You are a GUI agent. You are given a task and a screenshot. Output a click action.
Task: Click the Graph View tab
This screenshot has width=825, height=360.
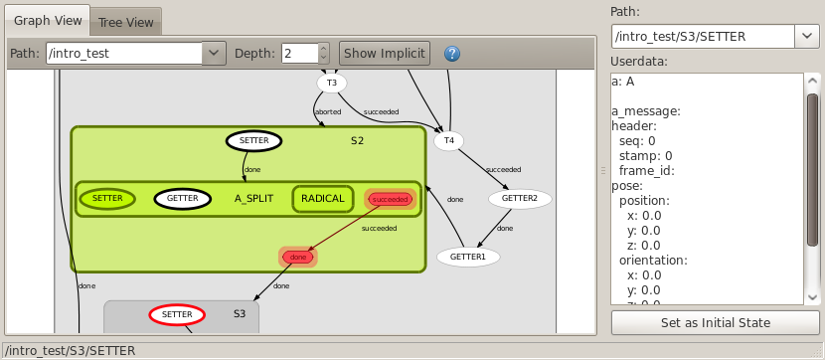click(x=48, y=21)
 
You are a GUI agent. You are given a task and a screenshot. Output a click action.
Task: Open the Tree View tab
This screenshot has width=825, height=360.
click(x=126, y=23)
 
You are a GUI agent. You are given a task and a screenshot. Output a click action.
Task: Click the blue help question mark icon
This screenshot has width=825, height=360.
click(x=452, y=53)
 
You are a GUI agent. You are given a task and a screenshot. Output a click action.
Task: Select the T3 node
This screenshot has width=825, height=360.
click(x=331, y=84)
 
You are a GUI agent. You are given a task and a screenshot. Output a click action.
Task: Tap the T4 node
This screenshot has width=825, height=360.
click(x=448, y=140)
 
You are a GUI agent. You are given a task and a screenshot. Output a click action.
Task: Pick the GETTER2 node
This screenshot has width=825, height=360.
click(x=520, y=199)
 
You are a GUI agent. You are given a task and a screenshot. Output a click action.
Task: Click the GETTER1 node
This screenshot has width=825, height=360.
click(x=468, y=257)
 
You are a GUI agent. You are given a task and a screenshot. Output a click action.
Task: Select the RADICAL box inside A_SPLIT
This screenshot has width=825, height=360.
click(x=322, y=199)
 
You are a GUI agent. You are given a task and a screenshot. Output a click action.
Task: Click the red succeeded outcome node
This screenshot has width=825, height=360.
click(x=390, y=200)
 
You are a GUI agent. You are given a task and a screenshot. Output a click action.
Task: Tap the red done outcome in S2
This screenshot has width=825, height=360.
click(x=298, y=257)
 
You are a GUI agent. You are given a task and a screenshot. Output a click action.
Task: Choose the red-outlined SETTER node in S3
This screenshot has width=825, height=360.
click(x=177, y=314)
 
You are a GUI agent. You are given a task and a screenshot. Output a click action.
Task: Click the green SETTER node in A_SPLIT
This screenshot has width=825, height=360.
click(x=107, y=199)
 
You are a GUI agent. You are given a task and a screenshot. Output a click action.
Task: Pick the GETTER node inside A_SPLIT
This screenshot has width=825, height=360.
click(x=182, y=199)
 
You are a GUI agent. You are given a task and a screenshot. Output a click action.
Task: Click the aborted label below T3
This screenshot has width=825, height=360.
click(x=328, y=112)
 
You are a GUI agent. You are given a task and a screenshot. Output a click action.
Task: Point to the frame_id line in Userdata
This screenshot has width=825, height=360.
click(x=647, y=170)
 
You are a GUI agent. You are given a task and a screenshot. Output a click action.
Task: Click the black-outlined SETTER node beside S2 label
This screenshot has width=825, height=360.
click(x=254, y=140)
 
